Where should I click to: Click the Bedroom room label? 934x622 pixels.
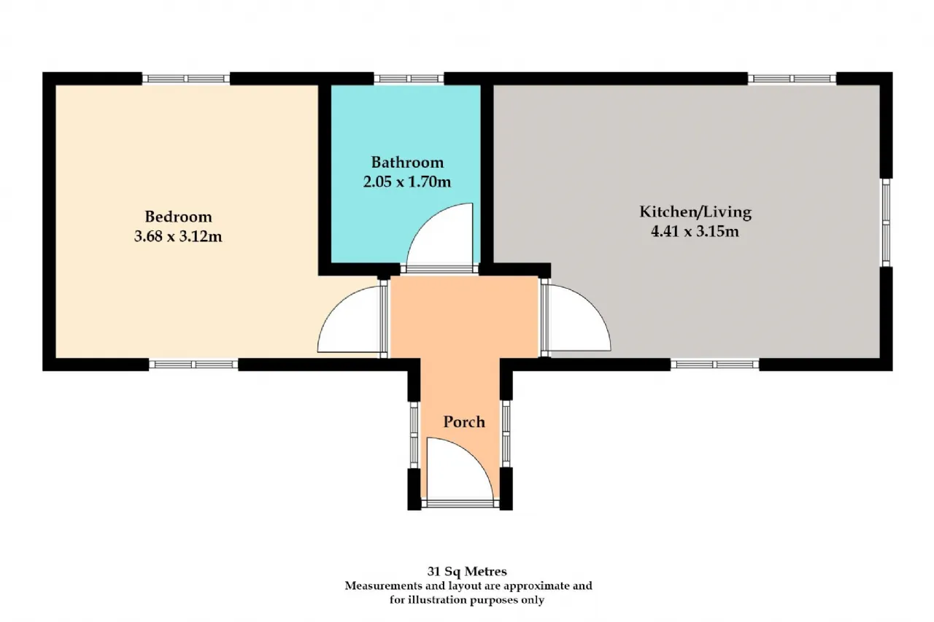tap(179, 217)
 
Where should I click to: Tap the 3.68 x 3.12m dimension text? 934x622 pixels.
tap(178, 236)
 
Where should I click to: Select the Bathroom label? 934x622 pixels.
tap(407, 162)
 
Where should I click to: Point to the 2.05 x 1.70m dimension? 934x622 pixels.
tap(407, 182)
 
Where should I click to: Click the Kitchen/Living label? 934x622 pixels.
tap(695, 212)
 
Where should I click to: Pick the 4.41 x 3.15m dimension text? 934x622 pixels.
tap(695, 231)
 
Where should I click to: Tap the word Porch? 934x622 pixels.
tap(464, 422)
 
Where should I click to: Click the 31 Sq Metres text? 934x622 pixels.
tap(467, 571)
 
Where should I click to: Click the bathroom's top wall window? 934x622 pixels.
tap(409, 79)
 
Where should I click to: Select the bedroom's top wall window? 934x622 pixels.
tap(186, 79)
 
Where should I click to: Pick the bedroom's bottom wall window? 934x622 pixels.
tap(193, 365)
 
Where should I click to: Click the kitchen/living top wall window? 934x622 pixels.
tap(792, 79)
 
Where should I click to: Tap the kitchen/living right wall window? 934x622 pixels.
tap(886, 222)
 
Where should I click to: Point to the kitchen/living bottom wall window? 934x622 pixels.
tap(714, 365)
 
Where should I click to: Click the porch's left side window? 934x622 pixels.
tap(414, 435)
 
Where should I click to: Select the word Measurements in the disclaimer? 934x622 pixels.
tap(384, 586)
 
